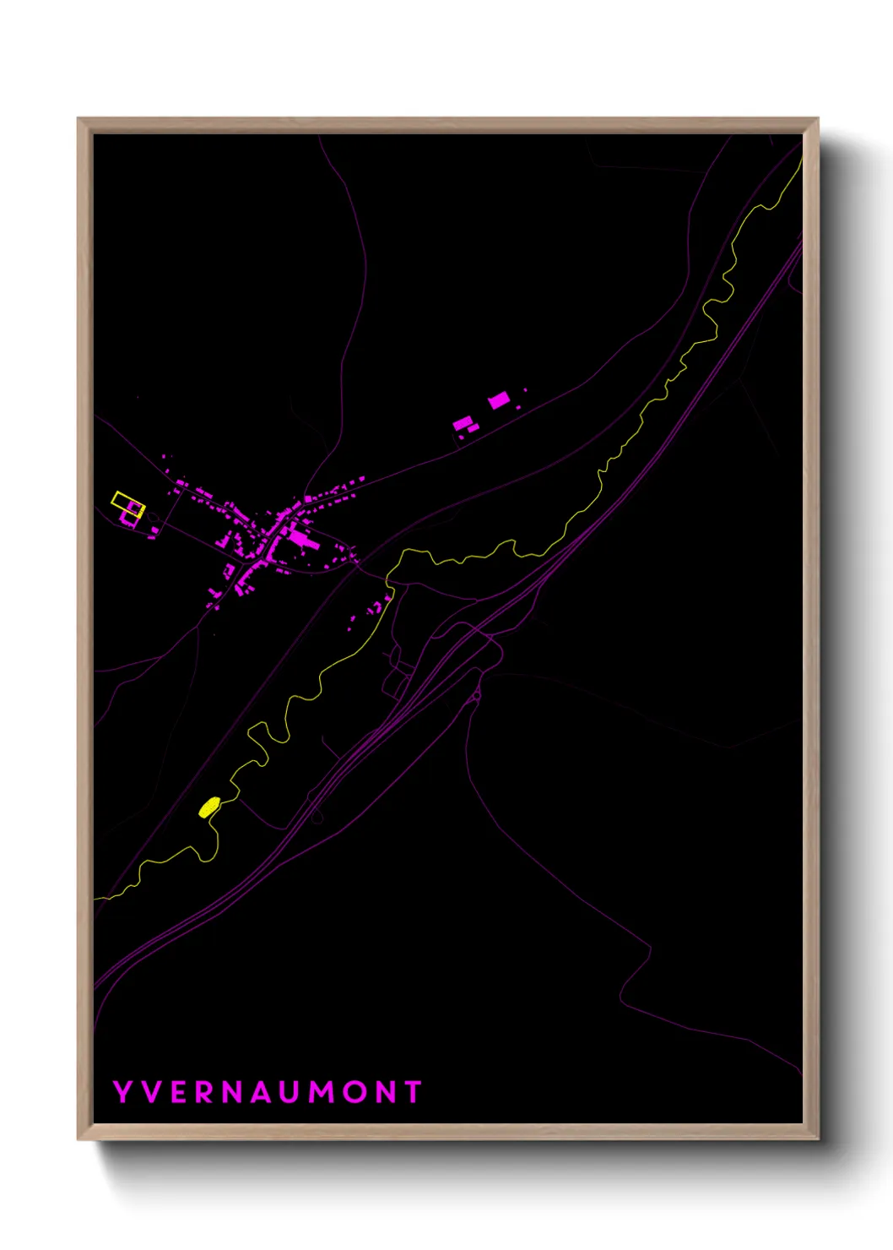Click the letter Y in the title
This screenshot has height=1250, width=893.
(122, 1092)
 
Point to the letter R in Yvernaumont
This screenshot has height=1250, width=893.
(205, 1092)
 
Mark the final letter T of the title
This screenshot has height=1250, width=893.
(413, 1092)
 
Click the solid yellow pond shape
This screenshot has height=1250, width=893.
(209, 807)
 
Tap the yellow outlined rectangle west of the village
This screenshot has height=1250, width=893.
(127, 503)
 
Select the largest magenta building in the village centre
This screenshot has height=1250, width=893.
(299, 535)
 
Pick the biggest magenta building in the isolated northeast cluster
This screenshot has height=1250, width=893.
(499, 400)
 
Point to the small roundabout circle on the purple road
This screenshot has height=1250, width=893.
(317, 817)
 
